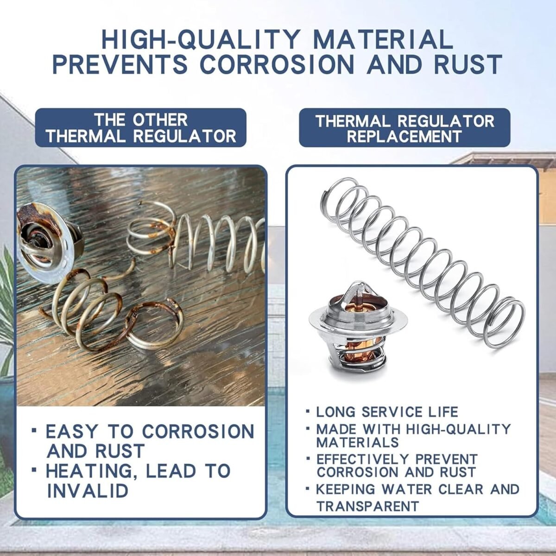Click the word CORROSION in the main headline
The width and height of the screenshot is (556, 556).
coord(277,64)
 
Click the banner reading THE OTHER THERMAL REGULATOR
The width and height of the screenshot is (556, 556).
coord(140,128)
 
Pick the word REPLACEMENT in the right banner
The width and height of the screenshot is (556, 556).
coord(405,136)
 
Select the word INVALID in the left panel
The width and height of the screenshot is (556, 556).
coord(88,490)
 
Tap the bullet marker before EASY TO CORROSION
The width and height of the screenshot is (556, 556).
coord(34,431)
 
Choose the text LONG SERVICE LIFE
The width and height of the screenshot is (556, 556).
coord(387,412)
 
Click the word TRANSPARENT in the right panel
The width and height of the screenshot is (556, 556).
coord(367,506)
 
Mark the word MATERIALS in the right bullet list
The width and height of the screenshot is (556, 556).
coord(357,442)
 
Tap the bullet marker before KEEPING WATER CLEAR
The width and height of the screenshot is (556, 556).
coord(308,488)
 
